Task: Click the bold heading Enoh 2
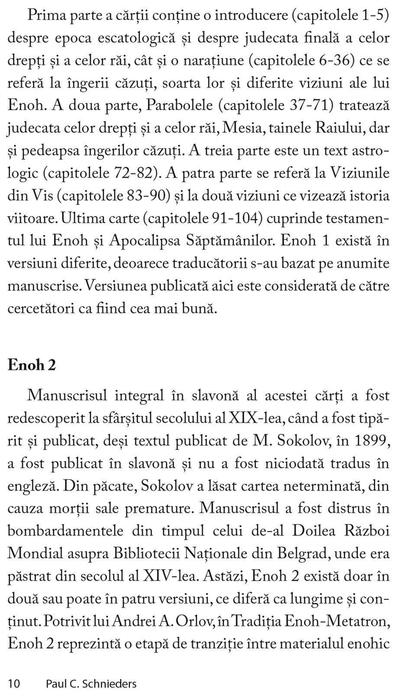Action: [32, 365]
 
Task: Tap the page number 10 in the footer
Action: [14, 684]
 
